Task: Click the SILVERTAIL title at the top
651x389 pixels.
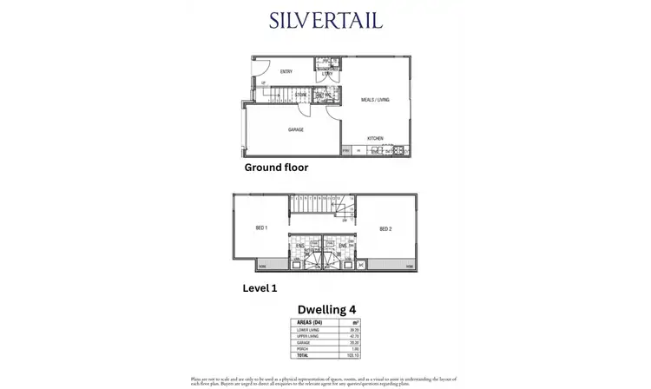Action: tap(325, 21)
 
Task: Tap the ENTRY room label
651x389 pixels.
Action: tap(286, 72)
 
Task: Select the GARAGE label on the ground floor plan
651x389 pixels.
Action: tap(295, 129)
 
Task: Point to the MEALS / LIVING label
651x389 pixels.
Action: tap(375, 100)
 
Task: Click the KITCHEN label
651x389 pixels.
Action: tap(375, 138)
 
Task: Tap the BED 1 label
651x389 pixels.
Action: tap(260, 228)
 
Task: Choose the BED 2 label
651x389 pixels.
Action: tap(386, 229)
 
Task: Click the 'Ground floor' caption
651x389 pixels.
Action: tap(276, 168)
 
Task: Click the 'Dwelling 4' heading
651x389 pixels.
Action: tap(327, 307)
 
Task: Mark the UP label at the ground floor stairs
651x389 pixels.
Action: tap(263, 83)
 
